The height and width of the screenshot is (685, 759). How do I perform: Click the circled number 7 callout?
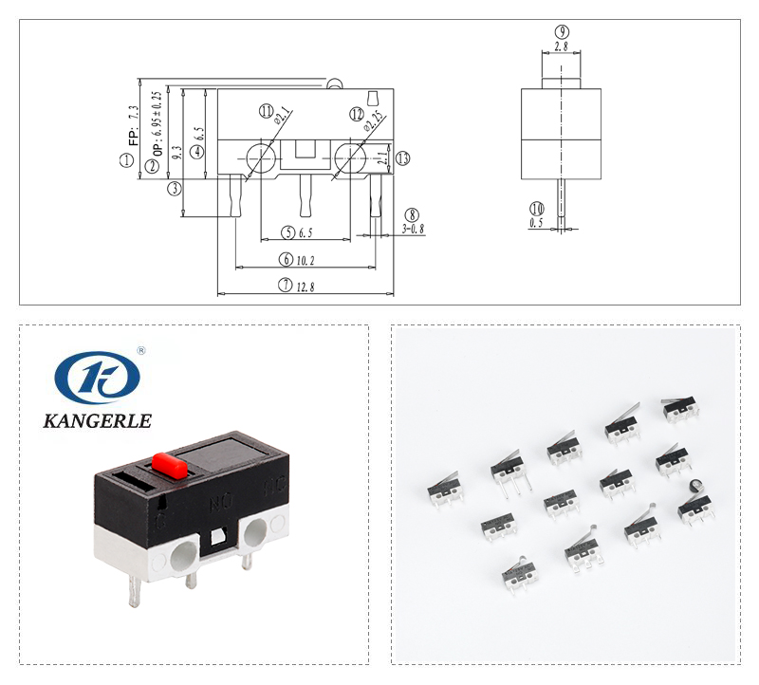tap(285, 285)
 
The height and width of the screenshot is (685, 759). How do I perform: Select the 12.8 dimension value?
tap(305, 285)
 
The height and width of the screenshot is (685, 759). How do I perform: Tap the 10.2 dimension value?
tap(305, 259)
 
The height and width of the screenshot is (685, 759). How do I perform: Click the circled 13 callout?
tap(403, 158)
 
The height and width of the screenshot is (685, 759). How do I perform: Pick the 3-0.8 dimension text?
tap(413, 229)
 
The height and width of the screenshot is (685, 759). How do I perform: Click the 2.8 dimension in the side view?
tap(561, 45)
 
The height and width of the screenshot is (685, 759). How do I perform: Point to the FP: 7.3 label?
tap(134, 123)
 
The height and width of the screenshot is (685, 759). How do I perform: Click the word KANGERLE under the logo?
tap(97, 420)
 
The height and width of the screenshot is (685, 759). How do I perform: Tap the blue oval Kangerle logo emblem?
tap(97, 377)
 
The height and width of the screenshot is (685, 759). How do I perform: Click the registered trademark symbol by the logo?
tap(141, 350)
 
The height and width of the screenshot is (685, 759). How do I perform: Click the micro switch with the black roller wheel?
tap(694, 507)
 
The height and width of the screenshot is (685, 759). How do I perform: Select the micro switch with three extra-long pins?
tap(508, 469)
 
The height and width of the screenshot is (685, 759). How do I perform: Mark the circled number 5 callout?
tap(287, 232)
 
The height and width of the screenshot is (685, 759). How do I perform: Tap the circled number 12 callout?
tap(357, 114)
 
